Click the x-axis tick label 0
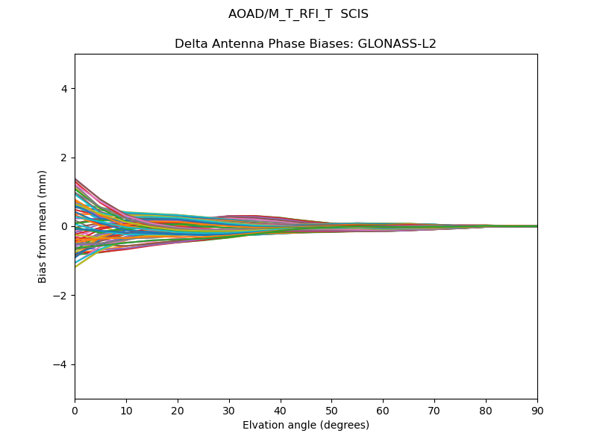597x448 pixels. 75,410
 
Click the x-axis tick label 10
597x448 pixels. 126,410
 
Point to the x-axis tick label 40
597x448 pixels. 281,410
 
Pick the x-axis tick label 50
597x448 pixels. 331,410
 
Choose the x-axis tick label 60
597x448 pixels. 383,410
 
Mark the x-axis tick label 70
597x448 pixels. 434,410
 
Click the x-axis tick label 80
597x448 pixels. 486,410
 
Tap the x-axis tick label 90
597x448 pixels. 537,410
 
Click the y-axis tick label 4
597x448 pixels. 65,89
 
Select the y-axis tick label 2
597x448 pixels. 65,158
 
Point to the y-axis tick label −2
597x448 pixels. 62,296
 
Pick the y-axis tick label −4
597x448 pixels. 62,364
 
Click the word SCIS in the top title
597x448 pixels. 354,14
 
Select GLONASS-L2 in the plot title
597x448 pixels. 398,44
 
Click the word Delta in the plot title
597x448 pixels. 190,44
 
